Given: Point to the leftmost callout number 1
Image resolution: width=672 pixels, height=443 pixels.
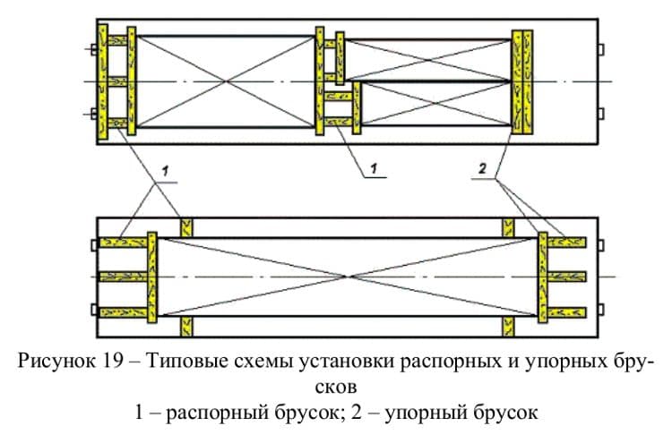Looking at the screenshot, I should [163, 168].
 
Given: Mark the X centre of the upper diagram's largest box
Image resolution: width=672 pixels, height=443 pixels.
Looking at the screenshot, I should [227, 81].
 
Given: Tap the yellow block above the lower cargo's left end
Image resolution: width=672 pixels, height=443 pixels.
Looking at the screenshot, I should [186, 227].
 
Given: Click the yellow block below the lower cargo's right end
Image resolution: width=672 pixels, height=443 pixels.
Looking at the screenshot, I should [508, 324].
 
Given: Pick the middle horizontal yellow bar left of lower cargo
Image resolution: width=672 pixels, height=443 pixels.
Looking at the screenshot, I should [123, 276].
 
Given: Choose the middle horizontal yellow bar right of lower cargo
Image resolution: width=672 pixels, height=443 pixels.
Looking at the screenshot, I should [566, 276].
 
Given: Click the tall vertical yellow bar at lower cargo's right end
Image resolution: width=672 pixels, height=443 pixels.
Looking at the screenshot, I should [541, 276].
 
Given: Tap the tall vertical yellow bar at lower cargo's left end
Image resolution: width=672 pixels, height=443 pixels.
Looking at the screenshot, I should [152, 276].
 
